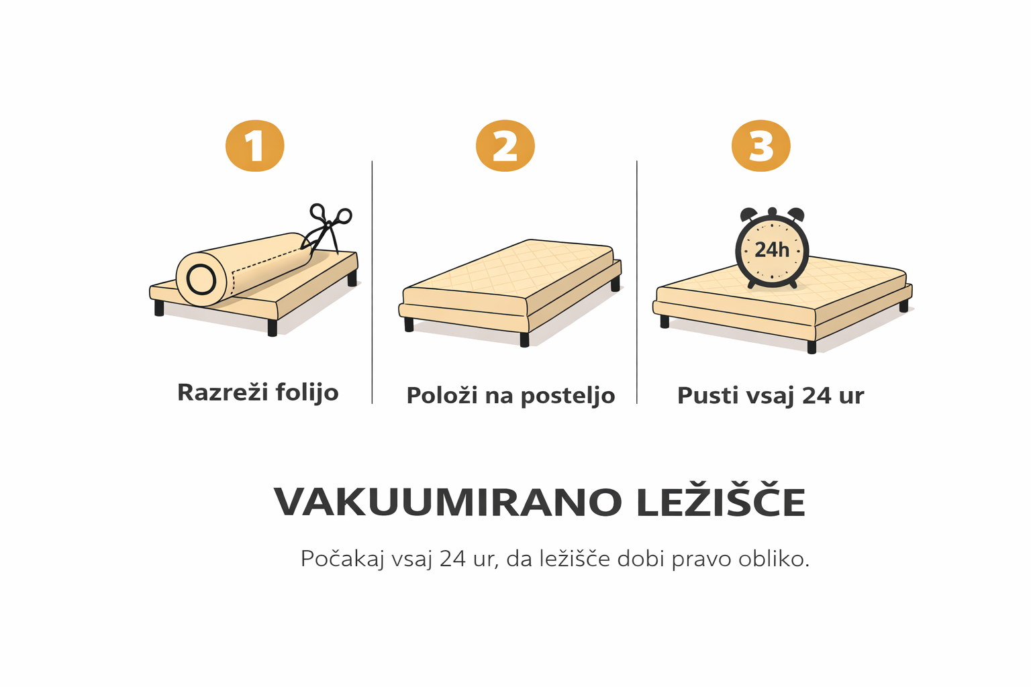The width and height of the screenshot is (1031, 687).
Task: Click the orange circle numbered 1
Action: click(254, 146)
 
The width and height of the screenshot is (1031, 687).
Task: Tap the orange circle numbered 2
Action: click(505, 146)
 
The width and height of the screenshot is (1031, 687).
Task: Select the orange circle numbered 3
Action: click(760, 146)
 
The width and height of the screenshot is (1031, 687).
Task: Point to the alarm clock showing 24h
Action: click(772, 248)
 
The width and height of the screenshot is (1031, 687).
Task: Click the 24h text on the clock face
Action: click(772, 250)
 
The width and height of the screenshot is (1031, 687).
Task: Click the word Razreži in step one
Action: click(222, 392)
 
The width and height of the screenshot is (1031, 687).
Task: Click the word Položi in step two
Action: click(442, 394)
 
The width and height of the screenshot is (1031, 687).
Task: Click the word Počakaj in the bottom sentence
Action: click(342, 559)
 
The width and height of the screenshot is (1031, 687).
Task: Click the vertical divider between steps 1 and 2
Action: click(372, 282)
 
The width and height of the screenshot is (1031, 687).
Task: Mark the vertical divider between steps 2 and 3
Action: click(637, 282)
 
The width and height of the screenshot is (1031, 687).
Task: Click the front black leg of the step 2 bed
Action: click(524, 339)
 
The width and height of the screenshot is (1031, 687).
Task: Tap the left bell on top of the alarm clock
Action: click(748, 215)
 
